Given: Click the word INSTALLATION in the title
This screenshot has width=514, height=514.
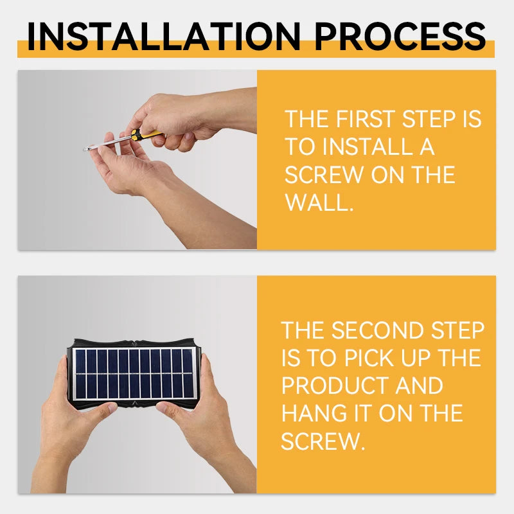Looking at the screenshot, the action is (x=164, y=36).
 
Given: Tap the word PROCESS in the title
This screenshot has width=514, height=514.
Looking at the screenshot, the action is (x=400, y=36).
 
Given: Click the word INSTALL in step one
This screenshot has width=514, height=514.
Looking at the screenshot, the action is (x=368, y=146).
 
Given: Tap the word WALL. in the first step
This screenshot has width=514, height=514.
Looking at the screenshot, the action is (x=319, y=202).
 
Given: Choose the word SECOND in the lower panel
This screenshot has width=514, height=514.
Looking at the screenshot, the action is (x=378, y=330).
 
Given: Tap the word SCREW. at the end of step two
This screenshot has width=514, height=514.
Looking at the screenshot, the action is (x=323, y=441).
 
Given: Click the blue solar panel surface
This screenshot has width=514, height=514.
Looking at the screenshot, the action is (x=134, y=373).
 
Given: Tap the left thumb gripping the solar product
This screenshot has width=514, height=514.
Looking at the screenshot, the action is (x=99, y=412).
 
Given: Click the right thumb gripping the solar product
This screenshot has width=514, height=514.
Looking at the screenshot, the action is (x=170, y=411).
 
